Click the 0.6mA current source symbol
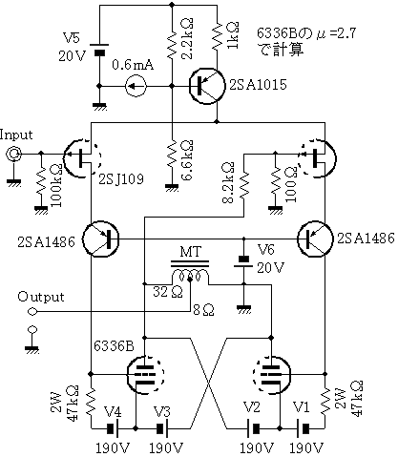pyautogui.click(x=136, y=86)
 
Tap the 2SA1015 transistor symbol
pyautogui.click(x=206, y=86)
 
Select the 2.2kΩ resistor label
pyautogui.click(x=187, y=39)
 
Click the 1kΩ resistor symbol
pyautogui.click(x=217, y=35)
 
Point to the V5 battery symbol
pyautogui.click(x=99, y=50)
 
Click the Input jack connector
pyautogui.click(x=14, y=155)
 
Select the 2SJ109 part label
pyautogui.click(x=121, y=179)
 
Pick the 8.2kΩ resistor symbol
pyautogui.click(x=243, y=187)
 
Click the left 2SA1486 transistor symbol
pyautogui.click(x=100, y=239)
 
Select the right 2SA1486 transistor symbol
pyautogui.click(x=315, y=239)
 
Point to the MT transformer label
pyautogui.click(x=191, y=252)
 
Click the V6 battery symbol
pyautogui.click(x=243, y=262)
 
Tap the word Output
pyautogui.click(x=41, y=297)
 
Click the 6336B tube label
pyautogui.click(x=114, y=346)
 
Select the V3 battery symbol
pyautogui.click(x=162, y=428)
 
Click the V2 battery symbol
pyautogui.click(x=253, y=428)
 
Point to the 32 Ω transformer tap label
pyautogui.click(x=168, y=292)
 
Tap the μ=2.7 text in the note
pyautogui.click(x=336, y=33)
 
